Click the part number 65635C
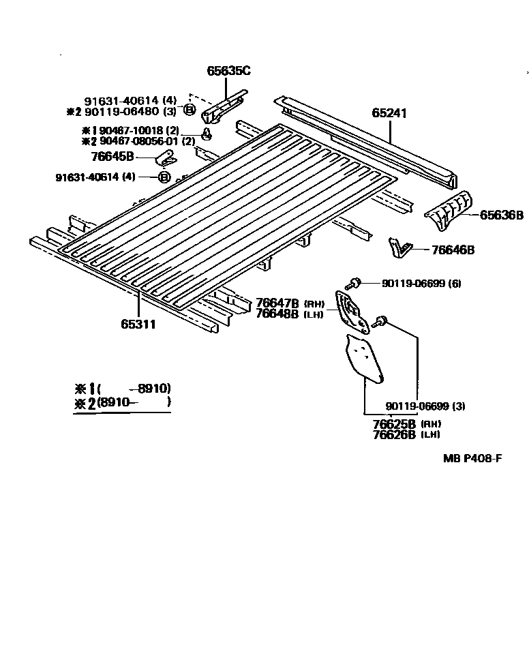coord(228,70)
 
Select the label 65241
coord(389,113)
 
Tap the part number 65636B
coord(501,215)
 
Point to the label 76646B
coord(453,250)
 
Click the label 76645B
coord(112,156)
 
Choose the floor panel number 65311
coord(139,325)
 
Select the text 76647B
coord(277,303)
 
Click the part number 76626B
coord(394,434)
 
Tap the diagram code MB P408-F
coord(472,458)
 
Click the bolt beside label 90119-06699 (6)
coord(354,283)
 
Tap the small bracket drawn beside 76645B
coord(165,158)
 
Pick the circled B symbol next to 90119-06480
coord(190,110)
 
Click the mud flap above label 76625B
coord(364,356)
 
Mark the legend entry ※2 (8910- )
coord(123,402)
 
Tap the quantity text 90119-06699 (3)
coord(425,406)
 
